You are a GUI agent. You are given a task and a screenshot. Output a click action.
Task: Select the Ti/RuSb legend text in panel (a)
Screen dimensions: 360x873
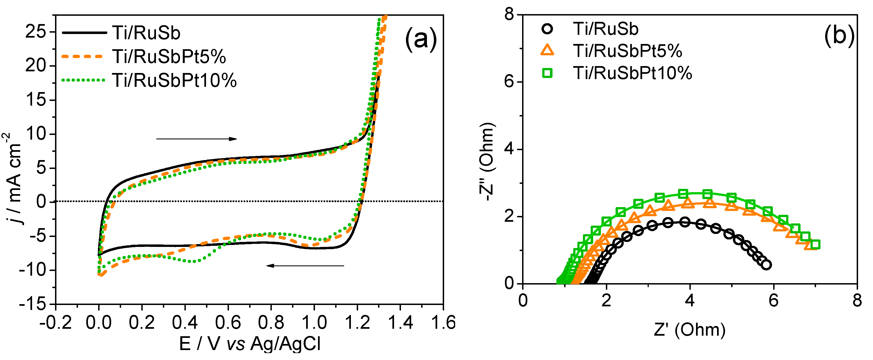coord(146,33)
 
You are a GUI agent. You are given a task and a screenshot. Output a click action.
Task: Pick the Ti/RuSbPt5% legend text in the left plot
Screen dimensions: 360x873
coord(169,56)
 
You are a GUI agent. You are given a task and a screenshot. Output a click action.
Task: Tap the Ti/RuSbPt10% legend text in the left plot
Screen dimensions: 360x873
coord(174,80)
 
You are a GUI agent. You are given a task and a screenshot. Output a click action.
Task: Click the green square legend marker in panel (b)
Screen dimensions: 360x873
coord(547,73)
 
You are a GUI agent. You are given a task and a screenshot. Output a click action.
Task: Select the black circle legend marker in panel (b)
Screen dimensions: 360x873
coord(547,28)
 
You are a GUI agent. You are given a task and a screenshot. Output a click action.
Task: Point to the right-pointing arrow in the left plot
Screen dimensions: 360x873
coord(197,139)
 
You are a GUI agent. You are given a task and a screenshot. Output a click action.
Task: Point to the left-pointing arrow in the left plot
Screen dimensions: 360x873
coord(305,266)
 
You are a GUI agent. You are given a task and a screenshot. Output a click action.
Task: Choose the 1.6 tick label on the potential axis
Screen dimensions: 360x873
coord(443,322)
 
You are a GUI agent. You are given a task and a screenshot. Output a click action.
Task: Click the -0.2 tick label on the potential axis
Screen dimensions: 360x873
coord(56,322)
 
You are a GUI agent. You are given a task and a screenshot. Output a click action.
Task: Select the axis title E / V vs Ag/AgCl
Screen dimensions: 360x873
coord(250,344)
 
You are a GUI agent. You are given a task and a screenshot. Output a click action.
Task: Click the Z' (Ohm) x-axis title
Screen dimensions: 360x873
coord(690,330)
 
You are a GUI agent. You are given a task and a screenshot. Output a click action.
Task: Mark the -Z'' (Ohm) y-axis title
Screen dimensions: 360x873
coord(487,162)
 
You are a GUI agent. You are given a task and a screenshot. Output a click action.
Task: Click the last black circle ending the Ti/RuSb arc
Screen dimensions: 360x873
coord(766,265)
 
